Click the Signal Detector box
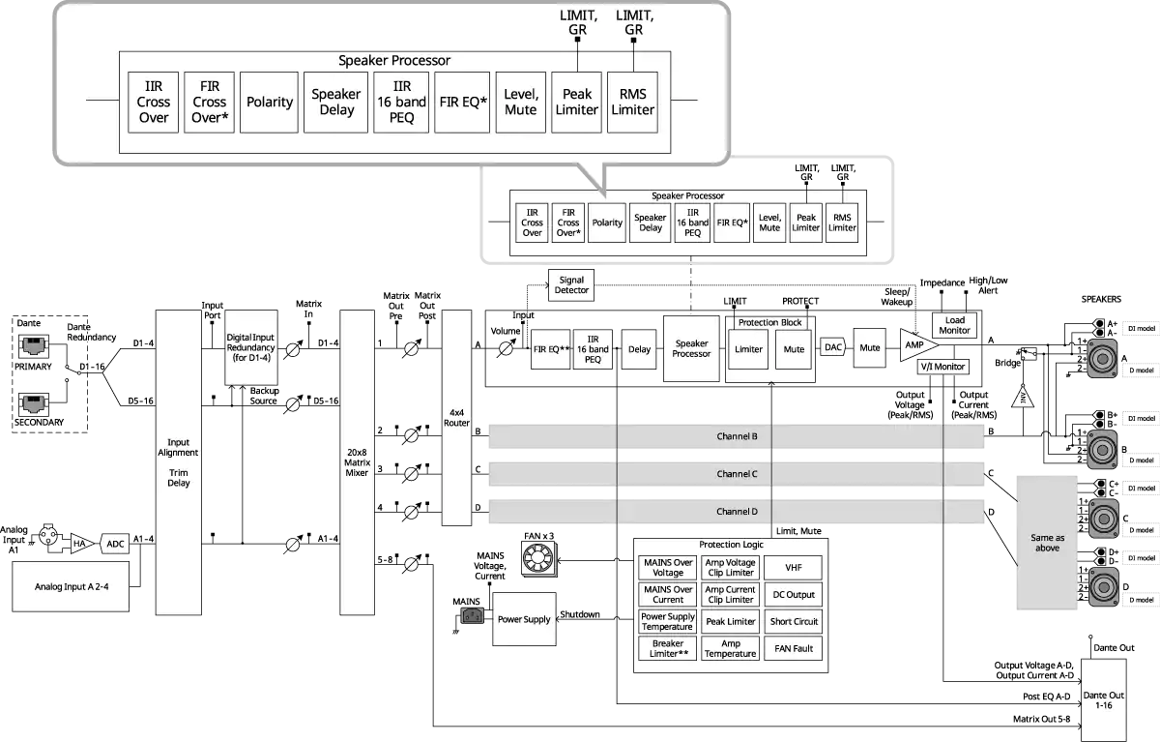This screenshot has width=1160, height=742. point(571,284)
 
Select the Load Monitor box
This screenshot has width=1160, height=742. point(954,325)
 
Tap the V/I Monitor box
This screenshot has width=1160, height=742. point(942,368)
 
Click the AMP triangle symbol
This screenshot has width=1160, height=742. point(913,344)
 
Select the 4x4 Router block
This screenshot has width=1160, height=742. point(456,417)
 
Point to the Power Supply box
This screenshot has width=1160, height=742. point(523,619)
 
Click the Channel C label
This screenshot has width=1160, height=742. point(737,474)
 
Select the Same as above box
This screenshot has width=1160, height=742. point(1047,542)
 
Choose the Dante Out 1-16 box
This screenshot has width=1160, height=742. point(1101,699)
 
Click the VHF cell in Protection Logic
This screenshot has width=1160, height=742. point(794,568)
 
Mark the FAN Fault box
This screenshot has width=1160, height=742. point(794,648)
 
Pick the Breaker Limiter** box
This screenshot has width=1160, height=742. point(668,648)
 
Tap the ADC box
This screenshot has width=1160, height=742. point(115,544)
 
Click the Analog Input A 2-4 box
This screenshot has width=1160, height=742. point(65,586)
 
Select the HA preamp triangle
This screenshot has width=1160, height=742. point(81,544)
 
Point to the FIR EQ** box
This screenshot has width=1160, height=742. point(551,348)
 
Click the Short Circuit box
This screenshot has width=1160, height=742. point(794,621)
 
